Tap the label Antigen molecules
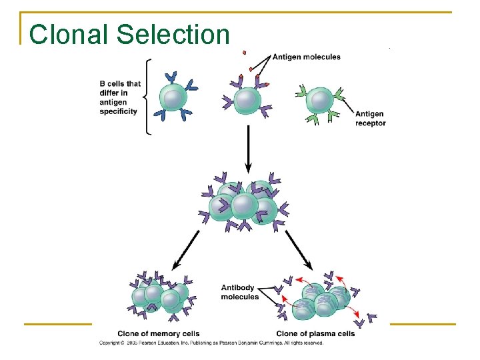(x=307, y=57)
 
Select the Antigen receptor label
(x=370, y=119)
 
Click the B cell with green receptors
(x=321, y=101)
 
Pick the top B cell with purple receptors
(x=247, y=100)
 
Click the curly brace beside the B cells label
(x=148, y=97)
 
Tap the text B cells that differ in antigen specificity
(x=120, y=97)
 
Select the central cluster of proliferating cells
(x=244, y=203)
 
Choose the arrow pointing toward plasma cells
(x=299, y=248)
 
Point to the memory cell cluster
(x=160, y=295)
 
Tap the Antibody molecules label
(x=239, y=292)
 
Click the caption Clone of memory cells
(x=158, y=333)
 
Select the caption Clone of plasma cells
(x=315, y=333)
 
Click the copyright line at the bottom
(x=211, y=343)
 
